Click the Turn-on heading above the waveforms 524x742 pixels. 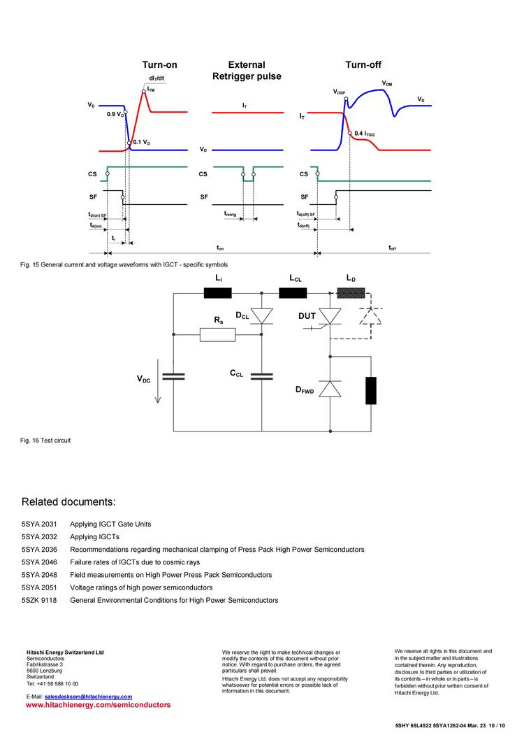(x=159, y=65)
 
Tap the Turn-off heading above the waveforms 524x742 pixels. (x=363, y=65)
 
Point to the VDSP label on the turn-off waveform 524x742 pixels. (x=340, y=92)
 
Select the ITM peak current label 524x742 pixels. (x=151, y=90)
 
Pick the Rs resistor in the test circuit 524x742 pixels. (x=218, y=335)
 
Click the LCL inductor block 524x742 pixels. (x=293, y=293)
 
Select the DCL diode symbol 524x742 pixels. (x=262, y=317)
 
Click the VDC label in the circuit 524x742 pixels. (x=143, y=379)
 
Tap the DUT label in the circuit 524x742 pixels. (x=307, y=316)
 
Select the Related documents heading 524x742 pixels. (x=68, y=502)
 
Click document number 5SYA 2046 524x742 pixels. (x=39, y=562)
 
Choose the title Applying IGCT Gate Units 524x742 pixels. (x=110, y=524)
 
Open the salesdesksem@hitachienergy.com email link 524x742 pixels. (x=88, y=697)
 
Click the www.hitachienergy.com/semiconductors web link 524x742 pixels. (x=98, y=706)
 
